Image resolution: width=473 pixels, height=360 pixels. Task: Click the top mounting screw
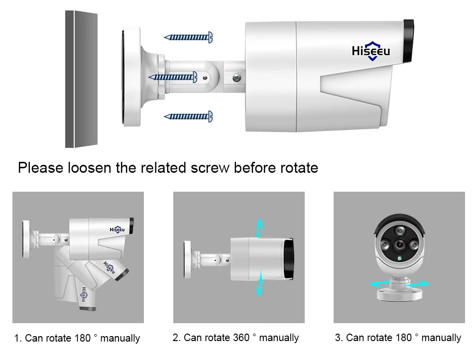click(189, 37)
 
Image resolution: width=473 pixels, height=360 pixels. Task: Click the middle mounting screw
click(177, 77)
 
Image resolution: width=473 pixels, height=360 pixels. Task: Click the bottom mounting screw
click(189, 117)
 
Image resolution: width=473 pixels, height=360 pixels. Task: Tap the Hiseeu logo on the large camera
click(371, 51)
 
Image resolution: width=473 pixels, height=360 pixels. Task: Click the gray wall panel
click(81, 80)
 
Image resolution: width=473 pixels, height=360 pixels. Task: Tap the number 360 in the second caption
click(241, 338)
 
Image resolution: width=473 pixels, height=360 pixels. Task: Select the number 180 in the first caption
click(82, 339)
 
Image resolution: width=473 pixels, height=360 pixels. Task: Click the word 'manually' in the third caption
click(440, 338)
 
